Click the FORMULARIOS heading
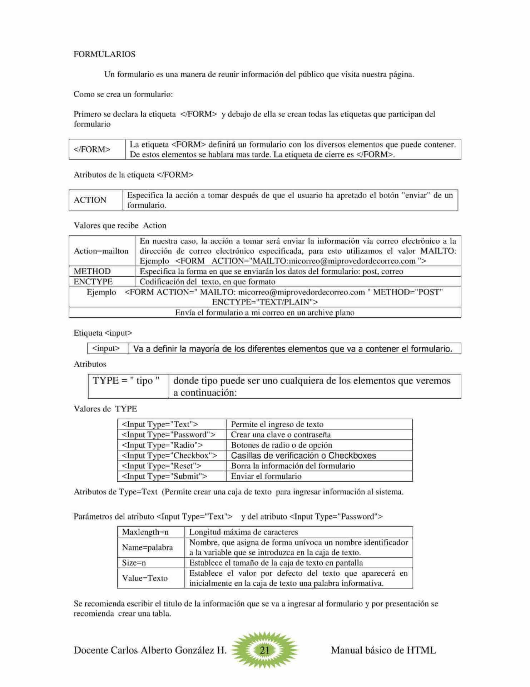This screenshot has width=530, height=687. click(x=104, y=54)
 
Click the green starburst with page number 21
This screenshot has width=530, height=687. click(x=264, y=650)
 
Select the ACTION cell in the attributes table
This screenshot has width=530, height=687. click(x=90, y=200)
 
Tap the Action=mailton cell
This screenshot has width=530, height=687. click(x=101, y=251)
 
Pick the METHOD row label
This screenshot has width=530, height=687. click(x=92, y=271)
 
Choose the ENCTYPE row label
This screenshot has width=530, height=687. click(x=93, y=282)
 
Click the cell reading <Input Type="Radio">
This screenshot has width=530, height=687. click(x=162, y=445)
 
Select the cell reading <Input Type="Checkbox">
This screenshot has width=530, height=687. click(x=169, y=455)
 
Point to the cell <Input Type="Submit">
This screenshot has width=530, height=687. click(x=164, y=476)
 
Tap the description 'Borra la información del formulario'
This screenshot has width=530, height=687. click(x=293, y=466)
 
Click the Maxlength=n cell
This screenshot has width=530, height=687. click(x=145, y=532)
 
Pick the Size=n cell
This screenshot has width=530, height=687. click(x=134, y=563)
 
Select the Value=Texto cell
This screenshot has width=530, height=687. click(x=145, y=578)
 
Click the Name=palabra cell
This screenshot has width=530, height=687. click(x=147, y=547)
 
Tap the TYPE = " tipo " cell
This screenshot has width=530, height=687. click(x=126, y=381)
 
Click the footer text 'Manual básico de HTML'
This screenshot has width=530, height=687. click(x=383, y=650)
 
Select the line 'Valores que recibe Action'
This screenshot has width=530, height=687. click(x=120, y=225)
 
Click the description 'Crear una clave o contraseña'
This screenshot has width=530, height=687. click(x=281, y=435)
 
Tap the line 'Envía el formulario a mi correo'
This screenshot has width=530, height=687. click(x=265, y=313)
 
